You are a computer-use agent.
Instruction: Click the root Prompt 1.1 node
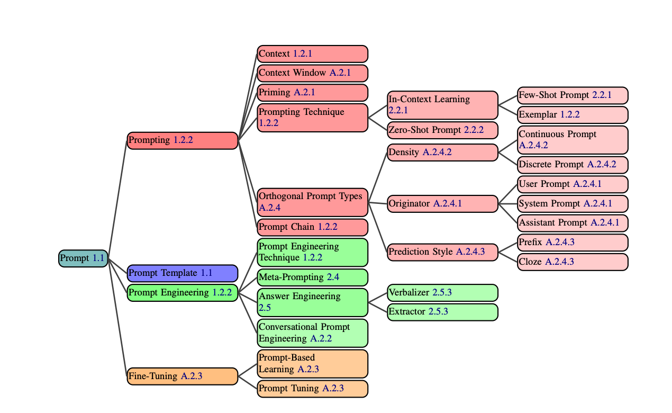[83, 258]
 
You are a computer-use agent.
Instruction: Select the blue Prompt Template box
[183, 273]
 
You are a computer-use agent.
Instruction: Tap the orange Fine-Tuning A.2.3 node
[183, 376]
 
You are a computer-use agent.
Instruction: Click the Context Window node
[312, 73]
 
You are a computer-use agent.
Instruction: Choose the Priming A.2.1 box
[312, 93]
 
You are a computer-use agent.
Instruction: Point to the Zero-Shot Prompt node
[442, 130]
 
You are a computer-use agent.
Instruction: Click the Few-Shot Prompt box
[573, 95]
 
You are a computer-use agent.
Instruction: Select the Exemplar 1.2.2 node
[573, 115]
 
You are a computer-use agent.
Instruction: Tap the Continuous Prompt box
[573, 140]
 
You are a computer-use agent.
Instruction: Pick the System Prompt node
[573, 204]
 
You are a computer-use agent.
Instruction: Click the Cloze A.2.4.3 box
[573, 262]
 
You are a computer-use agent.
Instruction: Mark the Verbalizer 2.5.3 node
[442, 292]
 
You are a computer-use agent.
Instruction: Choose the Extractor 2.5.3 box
[442, 312]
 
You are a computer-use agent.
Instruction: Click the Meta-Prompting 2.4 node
[312, 277]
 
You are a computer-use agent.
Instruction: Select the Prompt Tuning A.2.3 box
[312, 389]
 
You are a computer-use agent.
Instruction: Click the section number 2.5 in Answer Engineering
[265, 308]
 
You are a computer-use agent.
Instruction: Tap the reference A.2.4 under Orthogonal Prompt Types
[269, 208]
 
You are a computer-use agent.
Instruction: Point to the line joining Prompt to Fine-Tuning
[118, 318]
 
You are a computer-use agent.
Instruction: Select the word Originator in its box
[409, 204]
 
